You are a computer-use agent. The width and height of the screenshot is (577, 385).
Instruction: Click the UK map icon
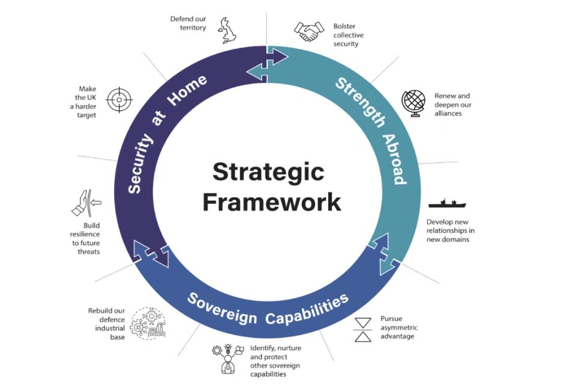pyautogui.click(x=228, y=30)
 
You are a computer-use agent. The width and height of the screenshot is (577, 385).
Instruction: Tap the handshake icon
pyautogui.click(x=307, y=31)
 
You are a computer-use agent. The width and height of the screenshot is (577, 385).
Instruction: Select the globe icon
pyautogui.click(x=414, y=103)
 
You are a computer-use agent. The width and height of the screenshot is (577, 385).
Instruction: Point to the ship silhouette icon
pyautogui.click(x=447, y=203)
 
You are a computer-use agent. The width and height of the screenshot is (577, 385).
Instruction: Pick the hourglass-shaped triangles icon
pyautogui.click(x=362, y=328)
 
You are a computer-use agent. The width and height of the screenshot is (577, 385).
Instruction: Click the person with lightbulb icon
pyautogui.click(x=227, y=358)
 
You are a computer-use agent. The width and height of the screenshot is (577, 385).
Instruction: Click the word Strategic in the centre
pyautogui.click(x=268, y=173)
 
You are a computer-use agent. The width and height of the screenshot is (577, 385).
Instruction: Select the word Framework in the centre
pyautogui.click(x=272, y=202)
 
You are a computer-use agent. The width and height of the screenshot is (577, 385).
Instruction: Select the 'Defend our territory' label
pyautogui.click(x=188, y=23)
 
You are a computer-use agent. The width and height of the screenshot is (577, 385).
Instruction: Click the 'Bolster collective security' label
pyautogui.click(x=348, y=35)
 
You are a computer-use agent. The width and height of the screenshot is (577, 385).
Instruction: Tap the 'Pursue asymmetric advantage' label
pyautogui.click(x=398, y=327)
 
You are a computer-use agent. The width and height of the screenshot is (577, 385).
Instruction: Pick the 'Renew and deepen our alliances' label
pyautogui.click(x=452, y=104)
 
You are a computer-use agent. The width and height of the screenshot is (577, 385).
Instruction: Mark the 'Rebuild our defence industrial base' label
pyautogui.click(x=106, y=324)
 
